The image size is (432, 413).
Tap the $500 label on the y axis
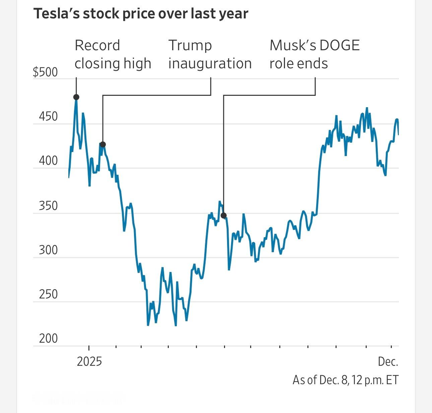[x=45, y=72]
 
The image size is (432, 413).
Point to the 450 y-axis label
[x=48, y=117]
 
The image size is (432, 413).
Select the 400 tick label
[x=48, y=161]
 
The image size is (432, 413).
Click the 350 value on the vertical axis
[x=48, y=206]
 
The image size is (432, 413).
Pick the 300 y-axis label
[x=48, y=250]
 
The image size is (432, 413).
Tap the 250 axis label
[x=48, y=294]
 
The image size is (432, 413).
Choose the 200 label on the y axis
[x=48, y=339]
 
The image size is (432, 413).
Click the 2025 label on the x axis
[x=89, y=362]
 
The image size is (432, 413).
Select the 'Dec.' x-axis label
[x=388, y=362]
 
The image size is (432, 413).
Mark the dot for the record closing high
[x=76, y=97]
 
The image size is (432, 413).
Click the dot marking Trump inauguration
[x=103, y=145]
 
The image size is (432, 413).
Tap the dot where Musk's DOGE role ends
[x=224, y=215]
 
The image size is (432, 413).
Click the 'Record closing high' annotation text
[x=113, y=54]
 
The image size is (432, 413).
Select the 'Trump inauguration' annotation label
[x=210, y=54]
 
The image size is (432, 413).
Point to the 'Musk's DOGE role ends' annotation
[x=314, y=54]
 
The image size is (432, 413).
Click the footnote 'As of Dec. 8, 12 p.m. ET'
[x=345, y=380]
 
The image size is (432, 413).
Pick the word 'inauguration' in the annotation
[x=210, y=63]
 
